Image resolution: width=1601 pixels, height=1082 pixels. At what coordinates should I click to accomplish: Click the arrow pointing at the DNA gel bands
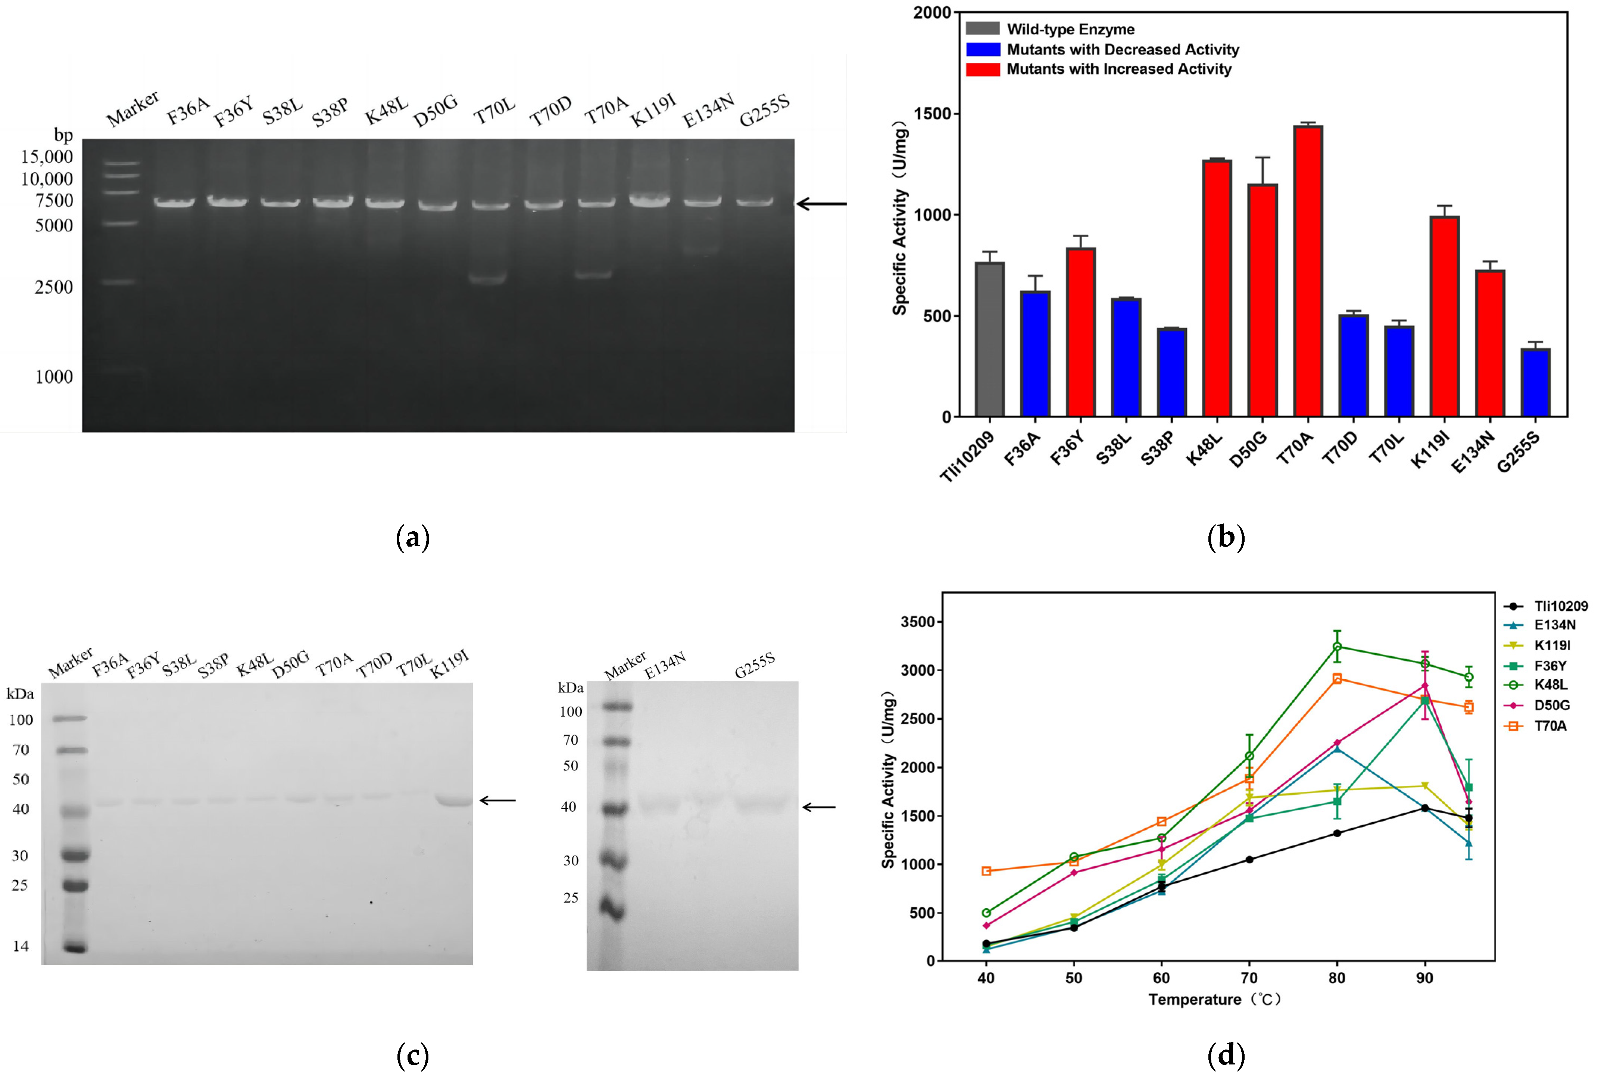coord(821,204)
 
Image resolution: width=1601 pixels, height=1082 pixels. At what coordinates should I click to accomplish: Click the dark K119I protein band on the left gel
coord(454,801)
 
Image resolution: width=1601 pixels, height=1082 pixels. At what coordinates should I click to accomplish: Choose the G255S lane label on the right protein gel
coord(754,664)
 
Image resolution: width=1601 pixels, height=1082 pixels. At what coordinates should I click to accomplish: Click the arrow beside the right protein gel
coord(819,807)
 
